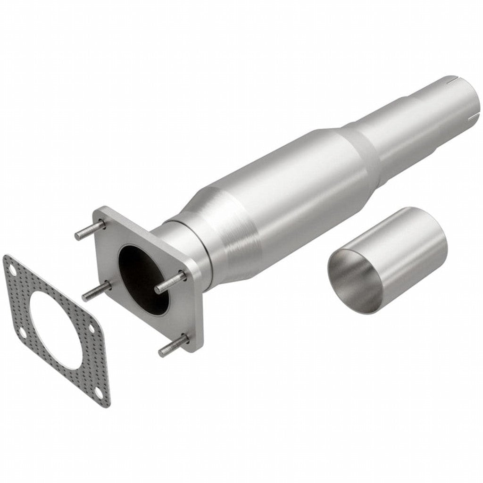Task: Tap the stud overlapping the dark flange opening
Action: click(x=170, y=282)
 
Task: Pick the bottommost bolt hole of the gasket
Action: click(x=97, y=392)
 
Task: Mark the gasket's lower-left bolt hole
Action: click(x=22, y=333)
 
